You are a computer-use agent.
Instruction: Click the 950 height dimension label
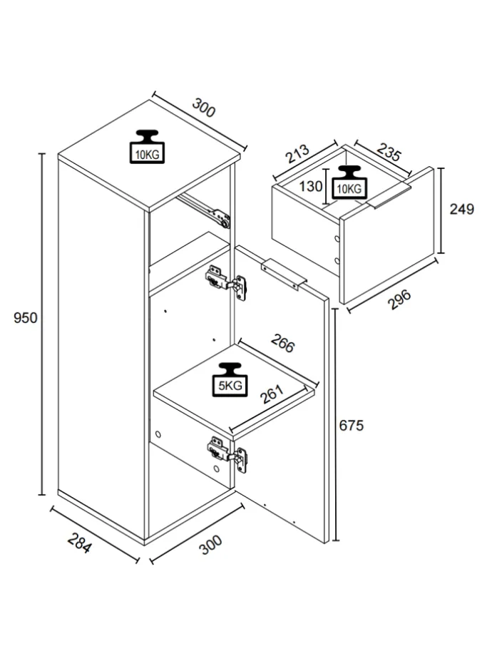click(26, 317)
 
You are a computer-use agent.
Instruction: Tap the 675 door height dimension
click(352, 425)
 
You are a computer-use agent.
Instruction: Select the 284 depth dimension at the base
click(79, 543)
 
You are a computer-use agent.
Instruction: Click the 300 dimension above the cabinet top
click(204, 108)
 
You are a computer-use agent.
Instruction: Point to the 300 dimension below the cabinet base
click(210, 545)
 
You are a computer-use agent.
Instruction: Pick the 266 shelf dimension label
click(283, 343)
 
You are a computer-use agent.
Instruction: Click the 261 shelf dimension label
click(272, 394)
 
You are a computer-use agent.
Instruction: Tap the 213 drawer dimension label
click(297, 153)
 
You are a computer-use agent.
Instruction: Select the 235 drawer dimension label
click(389, 152)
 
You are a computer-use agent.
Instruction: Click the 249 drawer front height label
click(462, 209)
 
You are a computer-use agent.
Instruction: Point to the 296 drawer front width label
click(399, 299)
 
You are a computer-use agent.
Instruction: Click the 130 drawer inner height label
click(310, 186)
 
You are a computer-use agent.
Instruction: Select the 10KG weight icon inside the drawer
click(349, 182)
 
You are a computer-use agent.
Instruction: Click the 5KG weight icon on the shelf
click(230, 379)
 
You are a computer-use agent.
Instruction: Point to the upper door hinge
click(225, 282)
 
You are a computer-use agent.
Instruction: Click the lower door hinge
click(227, 455)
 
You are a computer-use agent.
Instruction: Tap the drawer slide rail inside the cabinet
click(203, 211)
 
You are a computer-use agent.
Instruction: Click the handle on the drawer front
click(389, 195)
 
